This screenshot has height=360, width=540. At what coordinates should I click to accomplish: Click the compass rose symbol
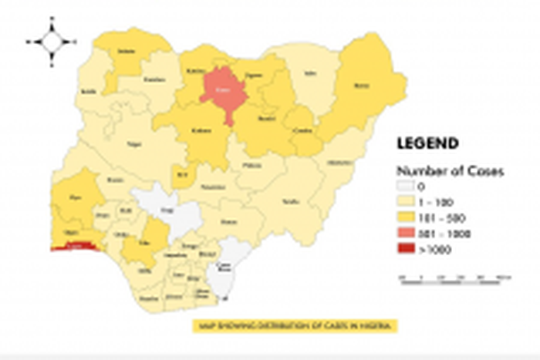pyautogui.click(x=52, y=42)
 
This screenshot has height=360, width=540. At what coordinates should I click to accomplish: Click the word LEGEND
pyautogui.click(x=427, y=143)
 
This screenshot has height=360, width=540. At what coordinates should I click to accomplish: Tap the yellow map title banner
pyautogui.click(x=295, y=326)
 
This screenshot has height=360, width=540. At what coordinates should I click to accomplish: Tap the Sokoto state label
pyautogui.click(x=123, y=51)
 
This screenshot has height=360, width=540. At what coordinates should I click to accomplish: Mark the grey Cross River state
pyautogui.click(x=224, y=269)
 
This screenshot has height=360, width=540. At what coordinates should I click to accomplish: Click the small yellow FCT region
pyautogui.click(x=182, y=174)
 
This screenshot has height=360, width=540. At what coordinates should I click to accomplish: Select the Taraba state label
pyautogui.click(x=290, y=200)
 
